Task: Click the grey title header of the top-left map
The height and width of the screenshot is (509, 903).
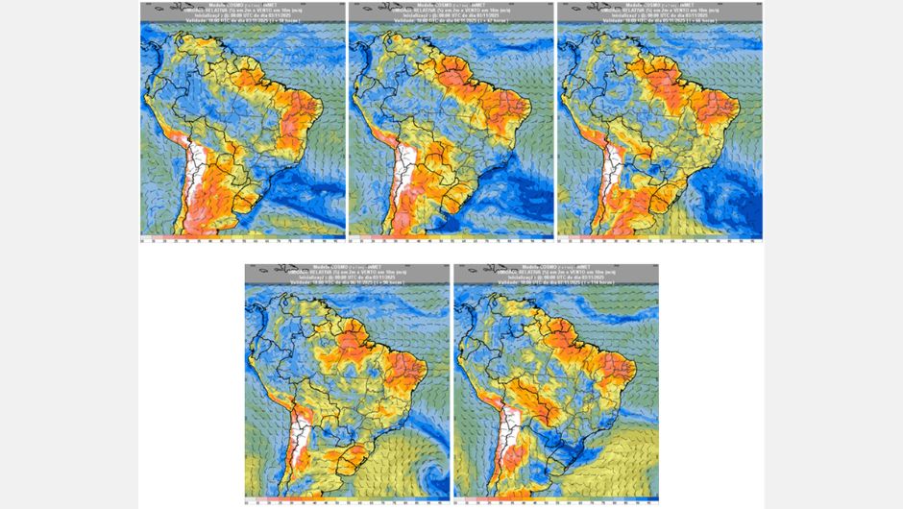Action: [x=242, y=12]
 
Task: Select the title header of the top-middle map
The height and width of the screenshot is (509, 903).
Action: [x=451, y=12]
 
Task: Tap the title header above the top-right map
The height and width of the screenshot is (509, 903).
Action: [x=659, y=12]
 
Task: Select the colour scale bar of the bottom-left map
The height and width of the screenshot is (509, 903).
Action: [x=347, y=498]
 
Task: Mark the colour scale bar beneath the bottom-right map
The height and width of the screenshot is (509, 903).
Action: [x=555, y=498]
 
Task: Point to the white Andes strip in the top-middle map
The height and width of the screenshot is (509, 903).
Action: [x=406, y=173]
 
